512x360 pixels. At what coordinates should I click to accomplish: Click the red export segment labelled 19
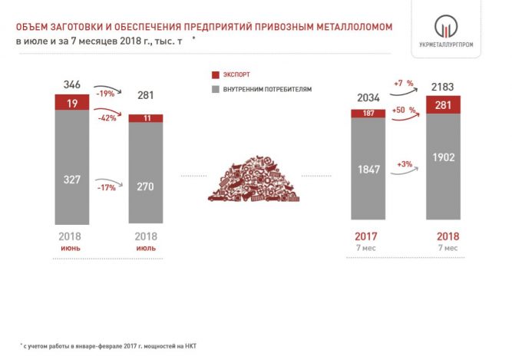[72, 102]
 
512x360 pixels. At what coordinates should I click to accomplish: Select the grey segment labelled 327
[72, 167]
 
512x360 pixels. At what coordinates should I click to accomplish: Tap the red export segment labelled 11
[146, 118]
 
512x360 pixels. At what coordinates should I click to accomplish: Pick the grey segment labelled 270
[146, 173]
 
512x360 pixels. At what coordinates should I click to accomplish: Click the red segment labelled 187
[368, 114]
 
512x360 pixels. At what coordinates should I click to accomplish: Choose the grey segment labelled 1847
[368, 168]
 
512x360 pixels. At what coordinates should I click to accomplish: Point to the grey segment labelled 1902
[443, 167]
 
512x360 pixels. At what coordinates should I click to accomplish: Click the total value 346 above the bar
[72, 84]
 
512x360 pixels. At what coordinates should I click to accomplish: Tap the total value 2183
[442, 87]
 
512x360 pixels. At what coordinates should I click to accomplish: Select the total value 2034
[368, 97]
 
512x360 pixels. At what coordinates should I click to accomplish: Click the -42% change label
[107, 117]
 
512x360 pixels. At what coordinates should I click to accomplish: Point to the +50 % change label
[404, 110]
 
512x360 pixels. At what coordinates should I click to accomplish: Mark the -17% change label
[107, 187]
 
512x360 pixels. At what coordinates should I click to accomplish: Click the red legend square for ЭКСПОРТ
[216, 74]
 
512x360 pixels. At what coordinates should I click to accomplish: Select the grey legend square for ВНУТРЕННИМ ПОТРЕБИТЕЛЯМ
[216, 89]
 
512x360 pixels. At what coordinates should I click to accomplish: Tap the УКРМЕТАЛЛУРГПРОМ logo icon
[446, 26]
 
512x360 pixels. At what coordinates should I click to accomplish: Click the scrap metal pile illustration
[254, 179]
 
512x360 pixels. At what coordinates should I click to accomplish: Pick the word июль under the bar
[146, 249]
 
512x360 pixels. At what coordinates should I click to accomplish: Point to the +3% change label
[405, 164]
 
